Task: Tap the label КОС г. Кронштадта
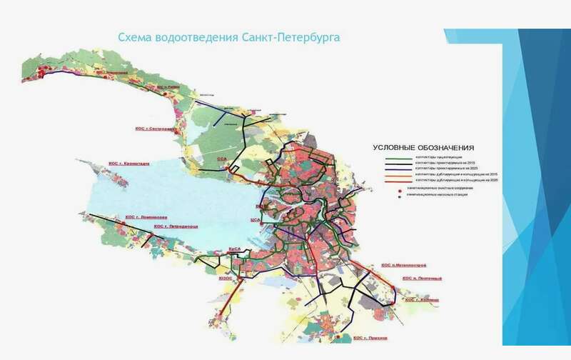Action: [129, 163]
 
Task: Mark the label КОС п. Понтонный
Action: [422, 278]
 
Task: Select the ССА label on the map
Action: [221, 160]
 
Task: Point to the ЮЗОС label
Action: [226, 279]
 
